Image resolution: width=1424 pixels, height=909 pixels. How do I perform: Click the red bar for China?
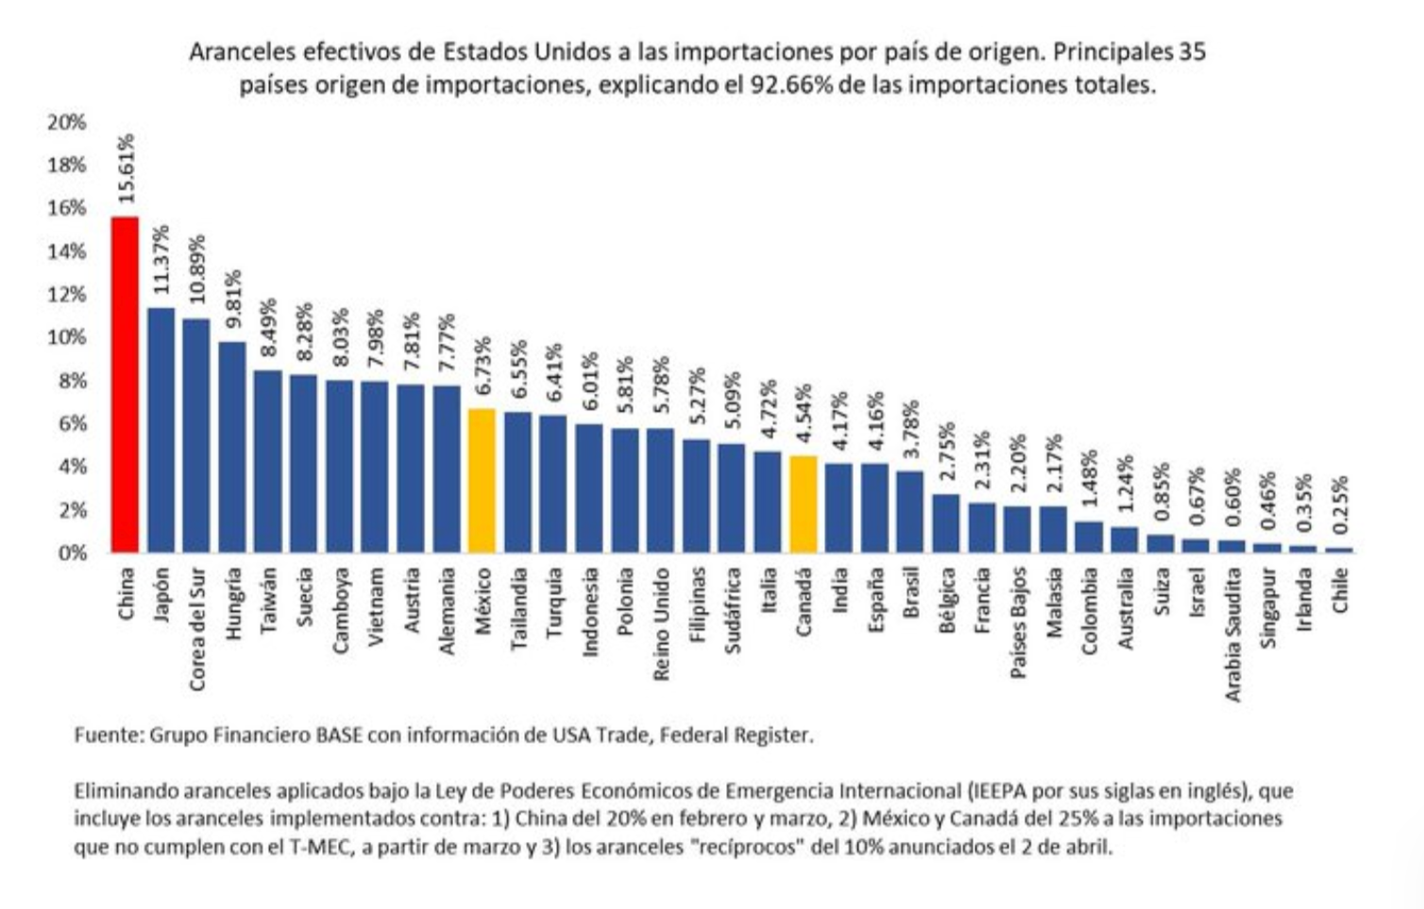click(x=125, y=385)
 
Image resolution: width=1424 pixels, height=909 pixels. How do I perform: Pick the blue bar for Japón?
click(x=161, y=430)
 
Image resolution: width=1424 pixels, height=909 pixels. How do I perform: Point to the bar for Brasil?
click(x=910, y=511)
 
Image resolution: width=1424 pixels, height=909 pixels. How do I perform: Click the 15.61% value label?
click(x=126, y=168)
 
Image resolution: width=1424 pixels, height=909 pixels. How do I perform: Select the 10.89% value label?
click(x=196, y=268)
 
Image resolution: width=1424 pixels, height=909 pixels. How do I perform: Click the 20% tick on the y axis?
click(x=66, y=123)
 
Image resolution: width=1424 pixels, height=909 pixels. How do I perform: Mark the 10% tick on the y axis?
click(x=66, y=338)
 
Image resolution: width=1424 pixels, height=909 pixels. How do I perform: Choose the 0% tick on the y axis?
click(x=71, y=553)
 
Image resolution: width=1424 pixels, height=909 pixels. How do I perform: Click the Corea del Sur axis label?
click(x=196, y=628)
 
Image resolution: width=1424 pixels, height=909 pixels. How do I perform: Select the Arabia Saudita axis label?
click(x=1233, y=634)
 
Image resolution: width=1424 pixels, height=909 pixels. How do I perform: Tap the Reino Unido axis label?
click(x=661, y=624)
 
